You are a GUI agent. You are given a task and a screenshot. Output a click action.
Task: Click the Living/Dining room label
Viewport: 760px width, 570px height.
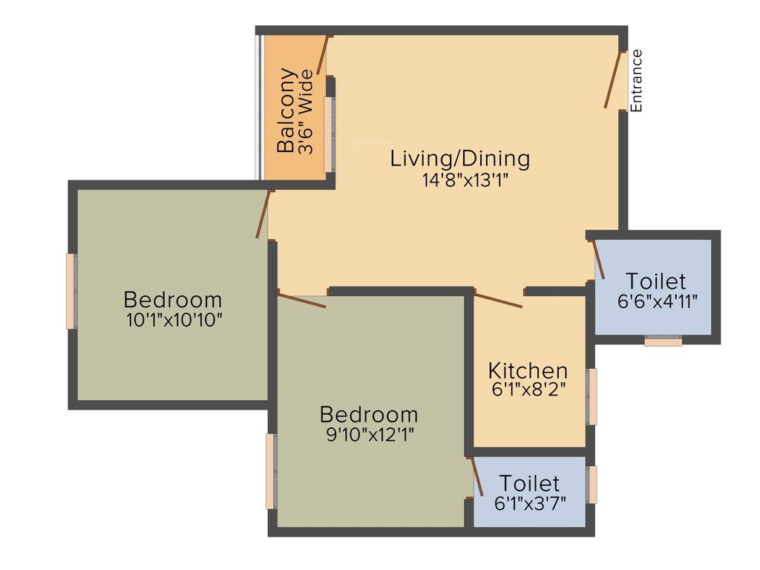click(x=460, y=158)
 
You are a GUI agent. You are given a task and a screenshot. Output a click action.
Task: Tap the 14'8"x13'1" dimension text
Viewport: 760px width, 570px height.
click(x=460, y=180)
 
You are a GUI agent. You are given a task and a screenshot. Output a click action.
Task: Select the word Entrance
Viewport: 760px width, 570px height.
click(x=636, y=80)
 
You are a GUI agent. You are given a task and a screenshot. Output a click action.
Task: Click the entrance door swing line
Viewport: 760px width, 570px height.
click(x=615, y=80)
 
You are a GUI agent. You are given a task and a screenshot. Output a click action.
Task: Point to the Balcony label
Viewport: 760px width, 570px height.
click(x=286, y=111)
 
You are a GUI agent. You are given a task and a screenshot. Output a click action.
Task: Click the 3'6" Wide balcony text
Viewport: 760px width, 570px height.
click(x=305, y=111)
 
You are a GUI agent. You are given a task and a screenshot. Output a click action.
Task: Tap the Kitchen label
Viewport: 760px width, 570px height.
click(x=528, y=370)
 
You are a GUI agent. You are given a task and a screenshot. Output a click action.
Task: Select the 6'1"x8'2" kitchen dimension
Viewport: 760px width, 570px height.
click(x=528, y=390)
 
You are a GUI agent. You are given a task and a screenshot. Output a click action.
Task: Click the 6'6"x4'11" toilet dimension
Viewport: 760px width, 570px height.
click(x=656, y=301)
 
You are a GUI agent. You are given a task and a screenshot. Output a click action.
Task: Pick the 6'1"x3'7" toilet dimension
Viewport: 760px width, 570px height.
click(x=530, y=502)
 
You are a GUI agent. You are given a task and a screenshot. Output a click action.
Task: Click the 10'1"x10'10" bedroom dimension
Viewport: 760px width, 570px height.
click(x=174, y=320)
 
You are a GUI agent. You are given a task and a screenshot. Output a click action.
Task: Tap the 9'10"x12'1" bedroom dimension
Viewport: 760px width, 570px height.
click(x=369, y=434)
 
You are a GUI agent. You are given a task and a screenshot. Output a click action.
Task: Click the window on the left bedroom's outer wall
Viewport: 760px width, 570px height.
click(x=71, y=291)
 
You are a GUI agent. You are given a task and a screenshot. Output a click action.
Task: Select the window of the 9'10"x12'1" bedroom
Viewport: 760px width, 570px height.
click(x=271, y=471)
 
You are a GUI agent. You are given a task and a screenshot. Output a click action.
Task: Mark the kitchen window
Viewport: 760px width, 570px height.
click(x=592, y=396)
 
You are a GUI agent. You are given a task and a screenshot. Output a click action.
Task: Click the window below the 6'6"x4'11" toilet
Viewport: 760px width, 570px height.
click(x=663, y=341)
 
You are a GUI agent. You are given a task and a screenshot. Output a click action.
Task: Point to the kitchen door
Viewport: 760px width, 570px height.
click(x=498, y=300)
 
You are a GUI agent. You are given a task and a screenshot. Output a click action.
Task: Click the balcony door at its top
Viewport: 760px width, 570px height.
click(x=323, y=55)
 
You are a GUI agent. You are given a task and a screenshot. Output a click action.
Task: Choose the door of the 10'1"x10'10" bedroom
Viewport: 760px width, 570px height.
click(x=263, y=214)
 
